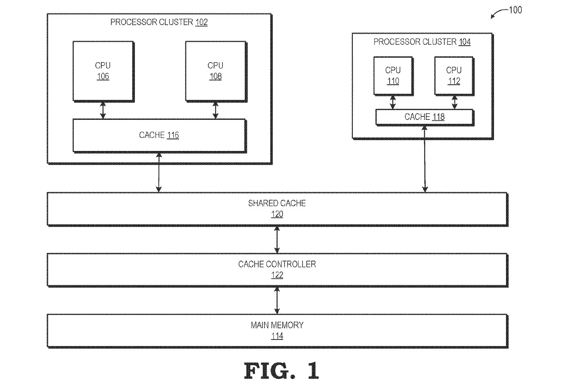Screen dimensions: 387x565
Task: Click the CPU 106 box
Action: point(103,71)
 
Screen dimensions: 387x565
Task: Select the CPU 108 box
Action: point(215,71)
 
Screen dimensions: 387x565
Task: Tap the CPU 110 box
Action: point(392,75)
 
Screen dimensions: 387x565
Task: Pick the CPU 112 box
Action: point(454,75)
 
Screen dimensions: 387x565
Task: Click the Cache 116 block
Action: point(159,135)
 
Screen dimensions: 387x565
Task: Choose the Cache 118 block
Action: point(424,117)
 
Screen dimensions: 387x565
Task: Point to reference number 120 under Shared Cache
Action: point(277,214)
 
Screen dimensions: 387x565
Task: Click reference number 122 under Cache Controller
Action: point(277,275)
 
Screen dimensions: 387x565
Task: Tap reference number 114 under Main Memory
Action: point(277,336)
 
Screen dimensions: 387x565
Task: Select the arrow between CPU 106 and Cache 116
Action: point(103,110)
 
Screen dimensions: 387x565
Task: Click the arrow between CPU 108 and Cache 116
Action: point(216,110)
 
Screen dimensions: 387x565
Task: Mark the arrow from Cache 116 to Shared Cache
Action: point(159,172)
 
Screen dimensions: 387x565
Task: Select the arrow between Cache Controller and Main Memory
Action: point(277,300)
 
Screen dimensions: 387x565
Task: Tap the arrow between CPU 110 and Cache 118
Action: point(393,102)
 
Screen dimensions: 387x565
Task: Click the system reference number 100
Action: point(515,10)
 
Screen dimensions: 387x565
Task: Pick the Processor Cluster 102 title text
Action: point(159,22)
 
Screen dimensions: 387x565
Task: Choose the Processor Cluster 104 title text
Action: point(422,42)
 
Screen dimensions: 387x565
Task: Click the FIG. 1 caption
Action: point(281,371)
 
